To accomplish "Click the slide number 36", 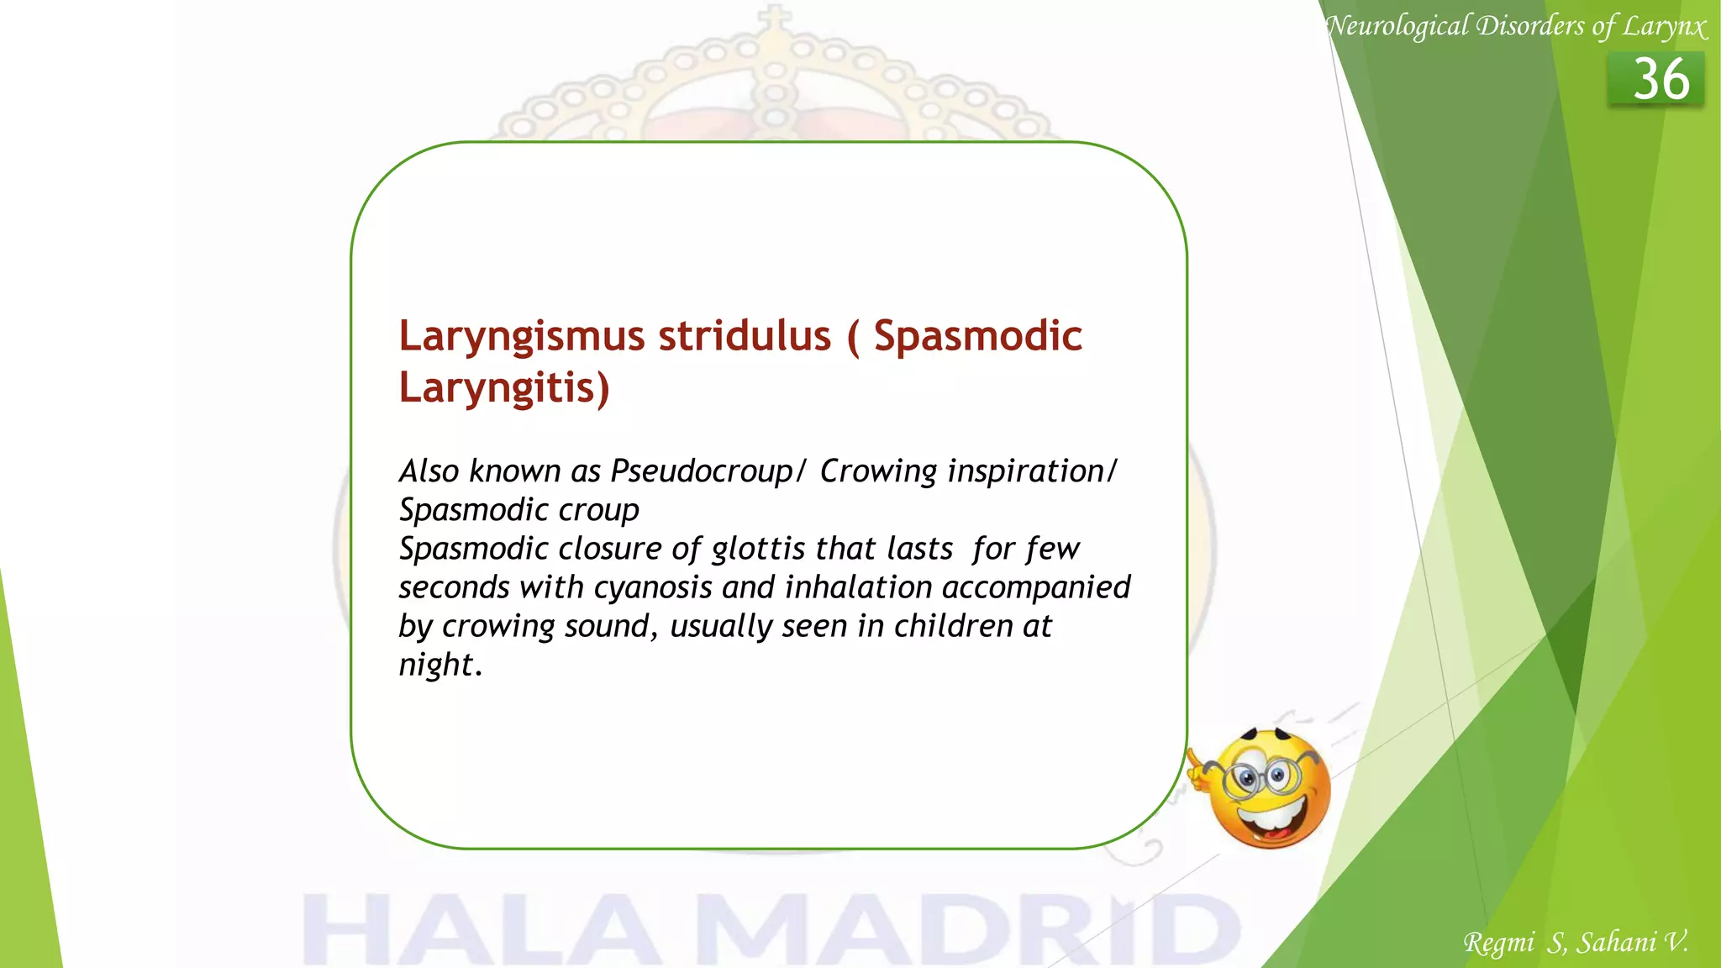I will click(1660, 80).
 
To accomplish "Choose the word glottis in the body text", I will click(758, 549).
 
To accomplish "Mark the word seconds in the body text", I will click(454, 587).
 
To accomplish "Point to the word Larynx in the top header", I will click(1664, 27).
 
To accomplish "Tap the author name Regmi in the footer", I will click(1498, 943).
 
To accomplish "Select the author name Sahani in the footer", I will click(1616, 943).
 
